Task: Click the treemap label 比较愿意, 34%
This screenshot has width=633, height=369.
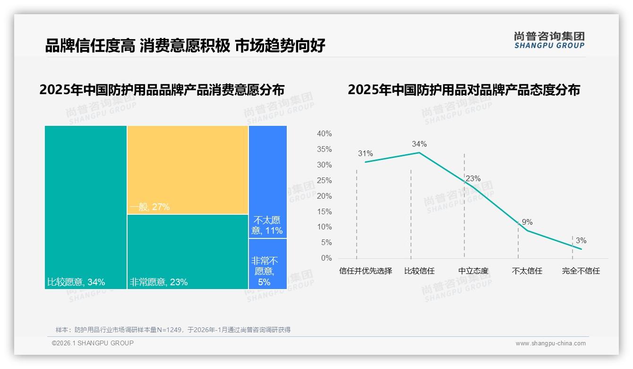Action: (76, 282)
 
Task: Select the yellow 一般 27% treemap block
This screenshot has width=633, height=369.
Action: (188, 170)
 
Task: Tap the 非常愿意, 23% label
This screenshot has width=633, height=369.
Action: (159, 282)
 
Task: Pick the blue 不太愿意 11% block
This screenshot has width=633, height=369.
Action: (267, 182)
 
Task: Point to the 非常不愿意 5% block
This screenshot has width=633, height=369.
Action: (267, 264)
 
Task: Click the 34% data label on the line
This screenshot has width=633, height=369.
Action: (419, 144)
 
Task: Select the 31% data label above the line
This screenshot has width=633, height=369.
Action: (365, 154)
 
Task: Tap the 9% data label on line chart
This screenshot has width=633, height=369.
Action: (527, 222)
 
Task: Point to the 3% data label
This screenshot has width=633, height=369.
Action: (581, 241)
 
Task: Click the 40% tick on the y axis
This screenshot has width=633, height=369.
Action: (324, 134)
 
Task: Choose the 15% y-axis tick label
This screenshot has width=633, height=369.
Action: (324, 211)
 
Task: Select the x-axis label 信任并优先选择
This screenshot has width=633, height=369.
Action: (366, 271)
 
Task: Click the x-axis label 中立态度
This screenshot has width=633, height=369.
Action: (473, 271)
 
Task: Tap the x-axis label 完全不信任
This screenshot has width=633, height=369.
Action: (581, 271)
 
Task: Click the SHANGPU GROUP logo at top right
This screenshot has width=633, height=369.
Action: (549, 40)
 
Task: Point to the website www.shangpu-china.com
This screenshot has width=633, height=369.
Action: (550, 343)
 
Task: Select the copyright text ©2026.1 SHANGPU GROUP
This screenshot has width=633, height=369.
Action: (93, 343)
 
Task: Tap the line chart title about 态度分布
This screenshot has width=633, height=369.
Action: (464, 90)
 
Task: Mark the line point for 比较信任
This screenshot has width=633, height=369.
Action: (419, 152)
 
